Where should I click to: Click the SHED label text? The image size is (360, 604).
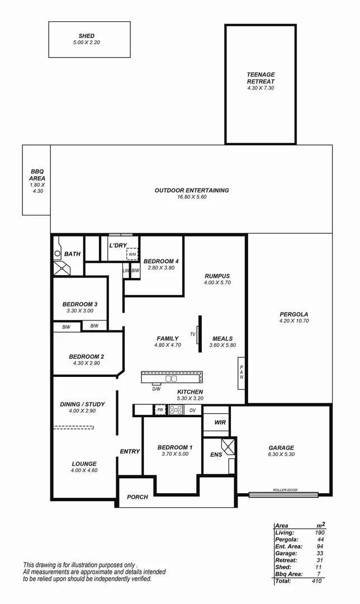tap(87, 36)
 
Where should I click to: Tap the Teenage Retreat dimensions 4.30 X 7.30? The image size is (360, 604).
tap(260, 88)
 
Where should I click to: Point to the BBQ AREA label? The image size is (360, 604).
tap(37, 175)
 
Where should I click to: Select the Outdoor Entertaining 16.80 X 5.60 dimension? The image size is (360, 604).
tap(192, 197)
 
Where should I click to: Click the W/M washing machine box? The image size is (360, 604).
tap(132, 254)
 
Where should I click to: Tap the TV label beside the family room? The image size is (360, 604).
tap(193, 334)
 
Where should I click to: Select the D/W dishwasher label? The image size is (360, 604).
tap(157, 389)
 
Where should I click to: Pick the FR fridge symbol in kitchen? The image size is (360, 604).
tap(160, 409)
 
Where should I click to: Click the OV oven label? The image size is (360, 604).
tap(193, 410)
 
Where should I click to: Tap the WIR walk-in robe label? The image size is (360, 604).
tap(220, 422)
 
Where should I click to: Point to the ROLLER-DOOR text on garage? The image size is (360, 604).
tap(285, 490)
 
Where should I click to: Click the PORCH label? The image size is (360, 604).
tap(138, 497)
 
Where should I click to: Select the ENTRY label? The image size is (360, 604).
tap(130, 451)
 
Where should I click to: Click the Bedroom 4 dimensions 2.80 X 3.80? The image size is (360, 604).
tap(161, 268)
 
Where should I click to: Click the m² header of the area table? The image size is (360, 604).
tap(321, 525)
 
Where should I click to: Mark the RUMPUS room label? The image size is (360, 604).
tap(217, 276)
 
